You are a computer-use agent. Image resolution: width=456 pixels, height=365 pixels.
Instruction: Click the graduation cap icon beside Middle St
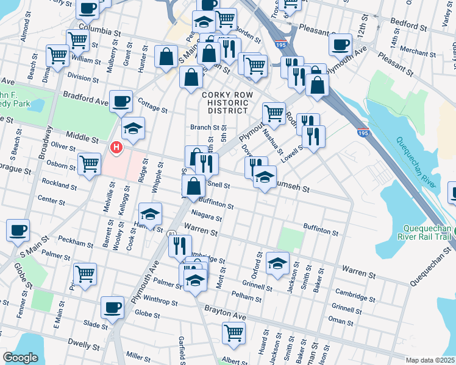[134, 128]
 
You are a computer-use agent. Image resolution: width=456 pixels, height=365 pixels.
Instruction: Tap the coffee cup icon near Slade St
[112, 307]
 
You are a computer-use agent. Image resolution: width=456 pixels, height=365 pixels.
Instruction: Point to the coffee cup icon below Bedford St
[340, 44]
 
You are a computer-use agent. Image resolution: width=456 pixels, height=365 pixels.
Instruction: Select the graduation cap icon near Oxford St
[277, 263]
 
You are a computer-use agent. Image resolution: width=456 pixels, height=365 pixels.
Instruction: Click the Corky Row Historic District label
[225, 102]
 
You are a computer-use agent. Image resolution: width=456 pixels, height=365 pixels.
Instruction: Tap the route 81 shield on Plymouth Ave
[171, 233]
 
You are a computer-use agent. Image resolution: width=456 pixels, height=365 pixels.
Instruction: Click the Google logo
[21, 358]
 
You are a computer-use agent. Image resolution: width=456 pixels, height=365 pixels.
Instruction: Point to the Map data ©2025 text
[430, 360]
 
